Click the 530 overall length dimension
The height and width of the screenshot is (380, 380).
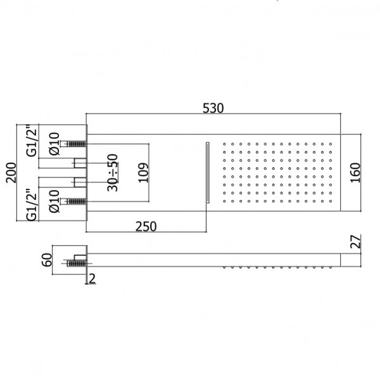[x=213, y=108]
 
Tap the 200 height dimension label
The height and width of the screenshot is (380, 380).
[x=11, y=172]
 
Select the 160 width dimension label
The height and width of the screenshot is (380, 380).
[x=355, y=173]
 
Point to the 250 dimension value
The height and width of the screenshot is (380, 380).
[x=146, y=227]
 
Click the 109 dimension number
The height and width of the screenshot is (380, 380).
[x=143, y=173]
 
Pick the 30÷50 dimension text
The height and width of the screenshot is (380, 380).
[x=113, y=172]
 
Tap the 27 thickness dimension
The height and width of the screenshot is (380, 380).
[x=355, y=241]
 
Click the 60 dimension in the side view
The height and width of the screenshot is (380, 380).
[x=47, y=260]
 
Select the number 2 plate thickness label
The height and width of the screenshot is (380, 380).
[x=92, y=279]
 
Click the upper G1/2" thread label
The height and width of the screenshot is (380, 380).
[x=32, y=141]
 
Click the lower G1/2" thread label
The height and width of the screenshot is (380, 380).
[x=32, y=205]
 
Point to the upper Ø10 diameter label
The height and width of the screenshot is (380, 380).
[x=54, y=144]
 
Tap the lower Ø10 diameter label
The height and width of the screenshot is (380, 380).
[x=54, y=201]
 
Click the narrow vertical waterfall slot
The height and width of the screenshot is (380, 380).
[x=208, y=172]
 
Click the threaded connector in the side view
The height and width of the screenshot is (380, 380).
[x=77, y=263]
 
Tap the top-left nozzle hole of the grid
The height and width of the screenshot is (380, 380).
[x=224, y=144]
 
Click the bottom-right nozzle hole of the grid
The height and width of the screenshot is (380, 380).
[x=331, y=201]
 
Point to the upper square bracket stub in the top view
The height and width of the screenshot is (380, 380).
[x=80, y=163]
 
